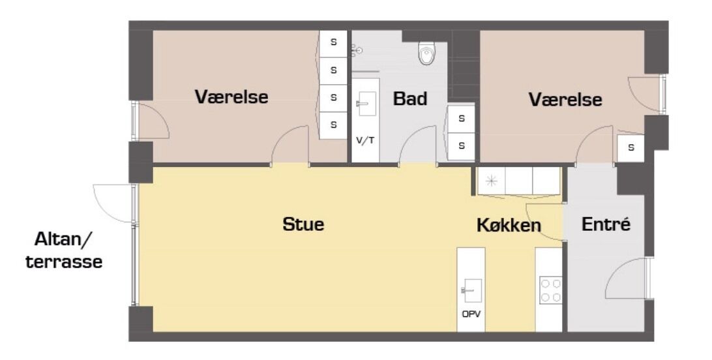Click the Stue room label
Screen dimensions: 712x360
[x=303, y=224]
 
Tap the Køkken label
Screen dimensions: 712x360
[x=509, y=225]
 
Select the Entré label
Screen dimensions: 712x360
[x=606, y=224]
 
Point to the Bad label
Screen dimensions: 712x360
[x=410, y=98]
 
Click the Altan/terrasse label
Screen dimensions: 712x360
[x=64, y=250]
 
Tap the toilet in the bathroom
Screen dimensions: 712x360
[x=426, y=53]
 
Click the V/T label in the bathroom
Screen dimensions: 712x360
[x=366, y=140]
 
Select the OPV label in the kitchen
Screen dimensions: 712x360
[x=471, y=314]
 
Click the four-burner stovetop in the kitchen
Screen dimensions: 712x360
[x=550, y=290]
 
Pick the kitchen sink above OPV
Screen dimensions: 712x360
[x=471, y=290]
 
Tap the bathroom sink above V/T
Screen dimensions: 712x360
[x=366, y=104]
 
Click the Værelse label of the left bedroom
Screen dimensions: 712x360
[x=231, y=97]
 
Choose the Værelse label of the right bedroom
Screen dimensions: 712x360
[x=565, y=99]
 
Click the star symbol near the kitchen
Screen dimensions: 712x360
[x=491, y=181]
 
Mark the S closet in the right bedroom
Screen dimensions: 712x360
[x=630, y=147]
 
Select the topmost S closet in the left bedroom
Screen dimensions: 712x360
[x=333, y=42]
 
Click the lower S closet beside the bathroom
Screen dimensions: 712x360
[x=462, y=146]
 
